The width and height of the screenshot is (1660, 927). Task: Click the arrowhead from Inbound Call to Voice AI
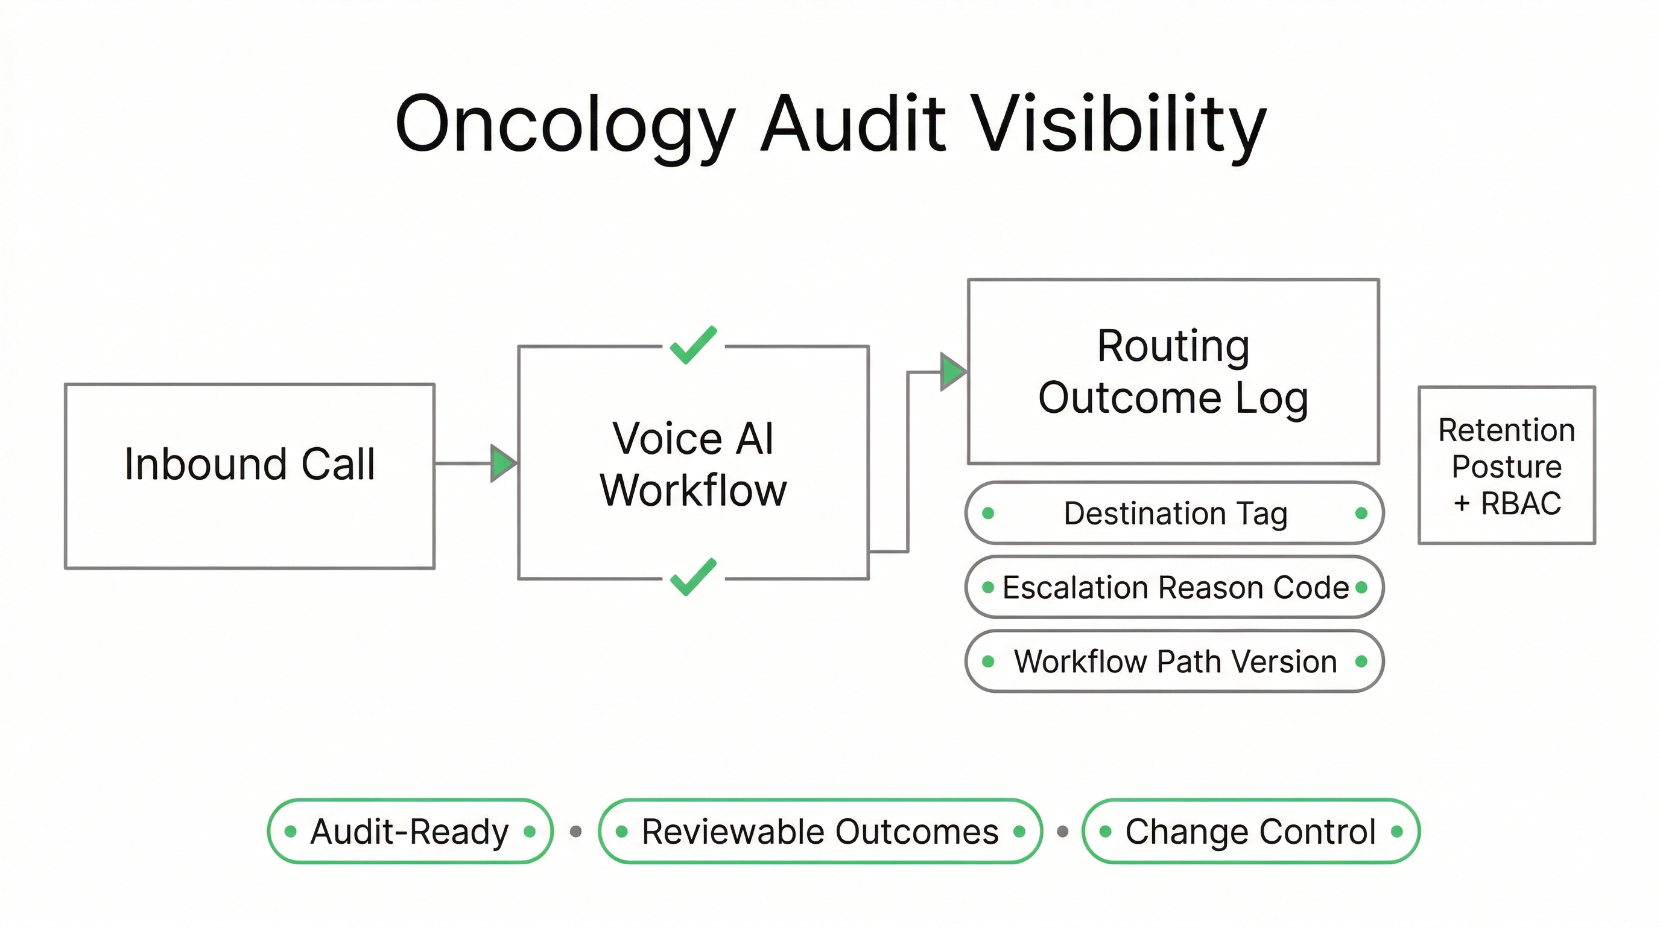(x=502, y=463)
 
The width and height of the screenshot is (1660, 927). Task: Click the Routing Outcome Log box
(x=1173, y=371)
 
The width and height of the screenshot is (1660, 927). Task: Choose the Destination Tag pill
(x=1174, y=513)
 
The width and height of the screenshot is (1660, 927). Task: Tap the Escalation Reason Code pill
(x=1174, y=587)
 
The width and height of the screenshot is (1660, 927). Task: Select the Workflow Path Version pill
(x=1174, y=661)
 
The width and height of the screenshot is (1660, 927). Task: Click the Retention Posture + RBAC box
(x=1507, y=465)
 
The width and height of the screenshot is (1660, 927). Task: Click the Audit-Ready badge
(x=410, y=831)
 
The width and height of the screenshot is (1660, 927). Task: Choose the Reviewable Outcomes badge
(x=820, y=831)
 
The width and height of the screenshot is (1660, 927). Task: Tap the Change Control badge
(x=1250, y=831)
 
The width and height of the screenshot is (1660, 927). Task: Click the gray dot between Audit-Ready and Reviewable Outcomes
(x=576, y=832)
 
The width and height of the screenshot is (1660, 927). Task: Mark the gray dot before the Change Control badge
(x=1063, y=832)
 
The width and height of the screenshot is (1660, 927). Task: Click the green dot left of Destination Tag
(x=988, y=513)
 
